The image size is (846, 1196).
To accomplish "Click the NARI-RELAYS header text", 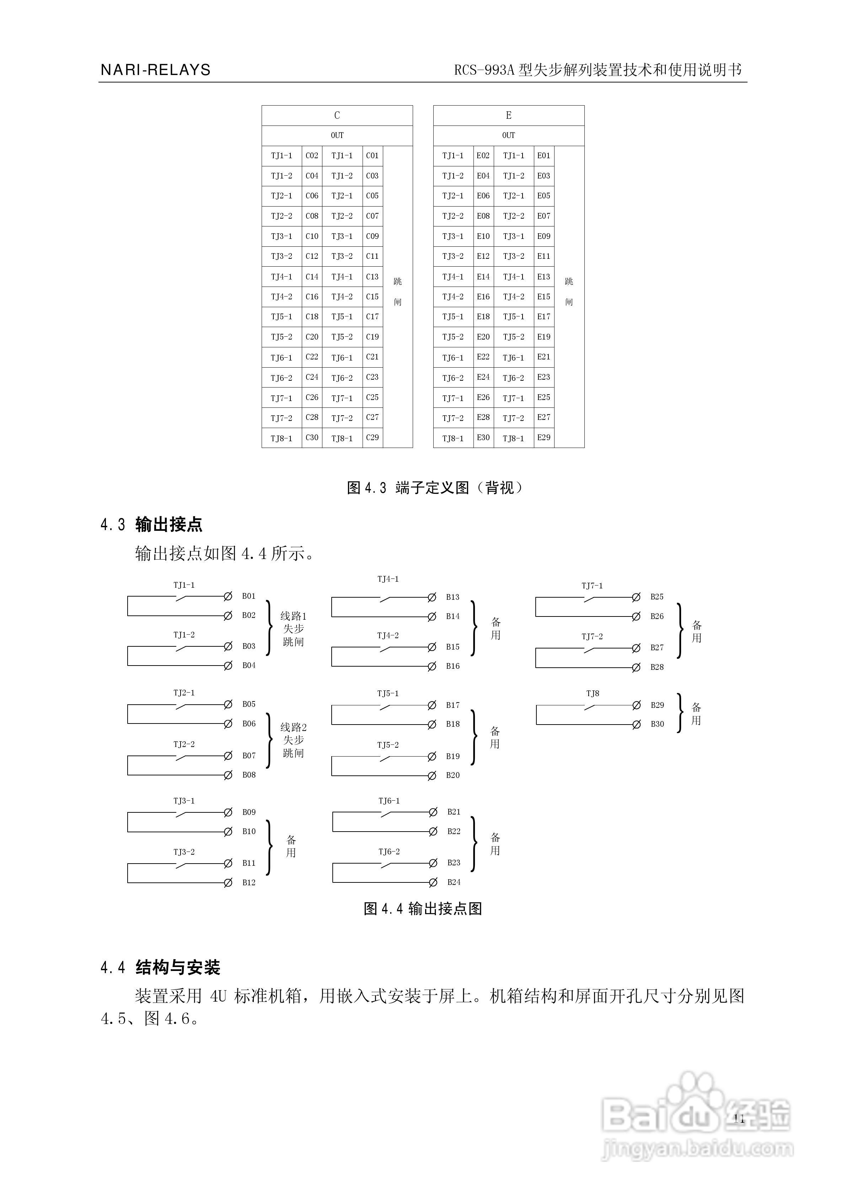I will pyautogui.click(x=155, y=70).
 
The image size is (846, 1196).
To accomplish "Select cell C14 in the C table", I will pyautogui.click(x=311, y=277).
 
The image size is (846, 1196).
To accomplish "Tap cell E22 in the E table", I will pyautogui.click(x=483, y=357).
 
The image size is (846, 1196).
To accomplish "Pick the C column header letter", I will pyautogui.click(x=337, y=115).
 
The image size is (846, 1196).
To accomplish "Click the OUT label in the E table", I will pyautogui.click(x=508, y=135).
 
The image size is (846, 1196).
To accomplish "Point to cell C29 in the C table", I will pyautogui.click(x=372, y=438).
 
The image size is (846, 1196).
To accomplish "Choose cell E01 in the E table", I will pyautogui.click(x=544, y=155).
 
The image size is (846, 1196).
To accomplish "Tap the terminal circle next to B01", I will pyautogui.click(x=227, y=596).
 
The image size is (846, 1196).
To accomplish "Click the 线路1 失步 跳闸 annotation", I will pyautogui.click(x=293, y=629).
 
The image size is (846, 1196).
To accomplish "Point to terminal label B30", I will pyautogui.click(x=657, y=724).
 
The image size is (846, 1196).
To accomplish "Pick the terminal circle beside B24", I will pyautogui.click(x=432, y=882).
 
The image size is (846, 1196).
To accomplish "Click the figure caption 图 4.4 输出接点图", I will pyautogui.click(x=423, y=909).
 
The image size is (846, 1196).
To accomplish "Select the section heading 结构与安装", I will pyautogui.click(x=178, y=967).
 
